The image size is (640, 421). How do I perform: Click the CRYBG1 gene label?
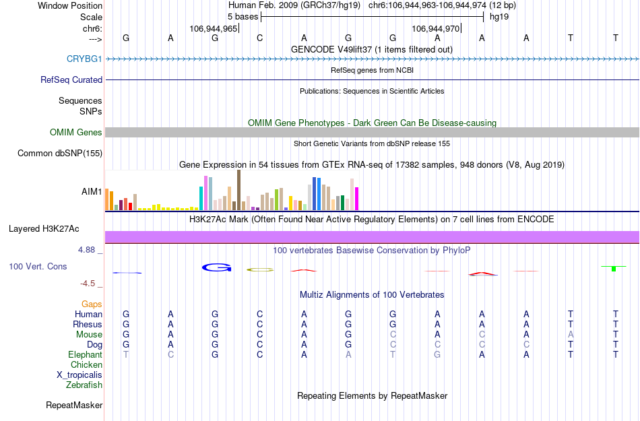pos(84,59)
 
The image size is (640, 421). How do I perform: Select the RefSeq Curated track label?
pos(71,79)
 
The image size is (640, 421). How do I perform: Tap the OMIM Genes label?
pos(76,133)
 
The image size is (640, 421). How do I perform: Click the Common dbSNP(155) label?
pos(59,154)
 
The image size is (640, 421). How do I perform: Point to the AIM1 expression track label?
pos(92,191)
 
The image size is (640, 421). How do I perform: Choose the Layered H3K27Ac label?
pos(55,228)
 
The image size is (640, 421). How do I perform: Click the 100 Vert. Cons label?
pos(38,267)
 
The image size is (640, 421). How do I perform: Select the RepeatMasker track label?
pos(74,406)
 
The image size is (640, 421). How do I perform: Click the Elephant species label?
pos(85,355)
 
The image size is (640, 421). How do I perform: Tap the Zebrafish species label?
pos(84,385)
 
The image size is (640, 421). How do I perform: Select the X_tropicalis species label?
pos(79,375)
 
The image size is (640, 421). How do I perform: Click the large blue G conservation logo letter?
pos(216,268)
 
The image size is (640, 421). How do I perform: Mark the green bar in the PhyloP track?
pos(614,269)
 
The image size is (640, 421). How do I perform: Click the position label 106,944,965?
pos(214,29)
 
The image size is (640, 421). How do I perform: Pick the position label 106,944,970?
pos(436,29)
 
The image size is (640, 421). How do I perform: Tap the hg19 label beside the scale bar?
pos(499,15)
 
